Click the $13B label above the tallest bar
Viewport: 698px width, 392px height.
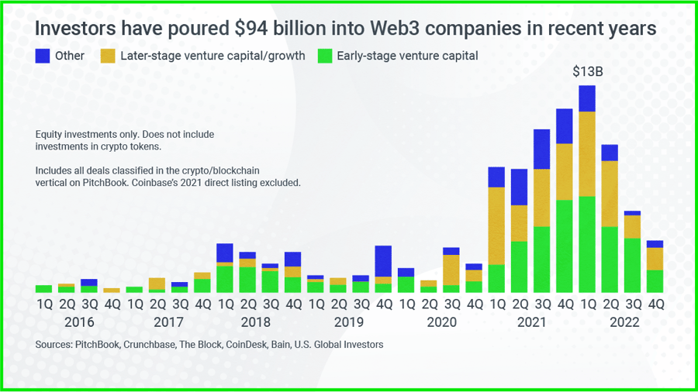tap(587, 71)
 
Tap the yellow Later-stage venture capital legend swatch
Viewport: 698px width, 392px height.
tap(109, 56)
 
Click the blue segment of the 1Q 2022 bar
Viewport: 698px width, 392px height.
tap(587, 98)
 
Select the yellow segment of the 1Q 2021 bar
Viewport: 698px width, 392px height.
tap(496, 225)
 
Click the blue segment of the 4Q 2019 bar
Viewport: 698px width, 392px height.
tap(383, 261)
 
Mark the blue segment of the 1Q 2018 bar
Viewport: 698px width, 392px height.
tap(225, 253)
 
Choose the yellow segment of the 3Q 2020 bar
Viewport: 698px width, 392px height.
tap(451, 270)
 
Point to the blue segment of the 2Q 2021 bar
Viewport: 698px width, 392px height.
tap(519, 187)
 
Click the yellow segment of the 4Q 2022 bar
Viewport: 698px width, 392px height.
tap(655, 259)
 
